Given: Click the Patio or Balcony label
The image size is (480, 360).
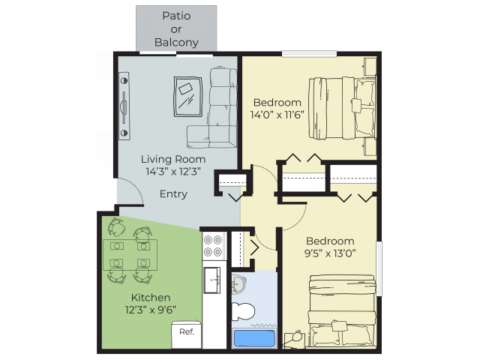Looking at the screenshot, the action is coord(176,29).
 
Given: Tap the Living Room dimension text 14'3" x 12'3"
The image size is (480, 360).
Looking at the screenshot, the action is coord(173,172).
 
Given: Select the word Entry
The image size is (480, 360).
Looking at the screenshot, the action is coord(173,194).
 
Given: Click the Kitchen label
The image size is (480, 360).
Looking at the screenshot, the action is coord(151,298).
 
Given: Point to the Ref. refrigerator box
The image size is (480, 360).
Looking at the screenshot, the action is coord(187,334).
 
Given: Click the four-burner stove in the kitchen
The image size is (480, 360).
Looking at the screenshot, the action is coord(213,246).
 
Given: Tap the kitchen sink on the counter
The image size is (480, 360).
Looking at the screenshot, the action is coord(211,280).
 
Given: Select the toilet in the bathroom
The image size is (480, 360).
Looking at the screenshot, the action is coord(243,311).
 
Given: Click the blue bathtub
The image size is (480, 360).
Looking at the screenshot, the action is coord(254,338).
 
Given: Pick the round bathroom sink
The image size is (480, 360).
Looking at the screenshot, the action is coord(238,283).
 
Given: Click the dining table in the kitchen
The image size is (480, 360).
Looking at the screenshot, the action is coord(130,255).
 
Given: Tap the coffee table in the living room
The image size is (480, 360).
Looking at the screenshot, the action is coord(188,97).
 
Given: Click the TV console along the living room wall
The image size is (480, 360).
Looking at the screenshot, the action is coord(124,106).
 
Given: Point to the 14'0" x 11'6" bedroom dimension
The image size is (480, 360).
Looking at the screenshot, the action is coord(277,115).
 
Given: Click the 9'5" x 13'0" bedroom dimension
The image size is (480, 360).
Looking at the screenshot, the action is coord(330,253).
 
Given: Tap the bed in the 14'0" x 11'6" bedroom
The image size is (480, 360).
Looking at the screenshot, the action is coord(342,108).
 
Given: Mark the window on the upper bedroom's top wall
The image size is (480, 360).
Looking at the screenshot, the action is coord(309,54).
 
